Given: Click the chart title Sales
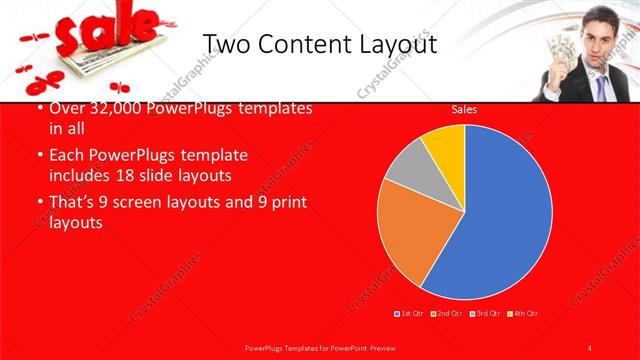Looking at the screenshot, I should click(463, 109).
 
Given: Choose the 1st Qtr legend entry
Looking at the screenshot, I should click(409, 315).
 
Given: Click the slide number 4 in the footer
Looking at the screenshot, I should click(591, 346).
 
